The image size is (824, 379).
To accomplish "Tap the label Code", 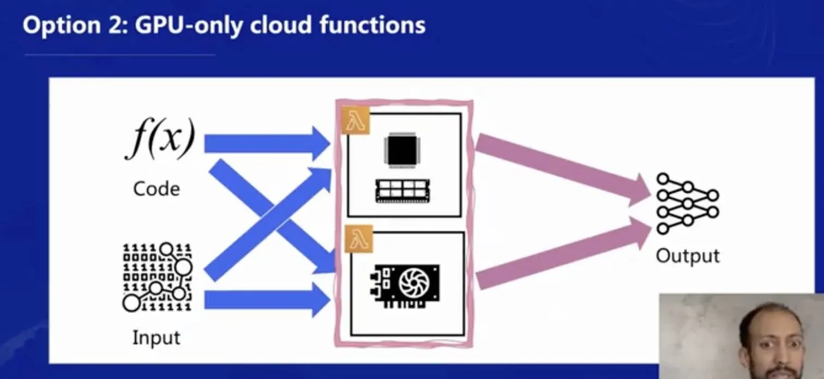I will point(157,189).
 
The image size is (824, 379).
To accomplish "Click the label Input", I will point(157,338).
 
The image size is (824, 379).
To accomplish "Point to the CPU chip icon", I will point(404,148).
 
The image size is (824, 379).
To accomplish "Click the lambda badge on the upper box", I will point(356,121).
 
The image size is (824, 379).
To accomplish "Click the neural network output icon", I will point(687,203).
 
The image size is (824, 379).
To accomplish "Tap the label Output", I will point(687,255).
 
